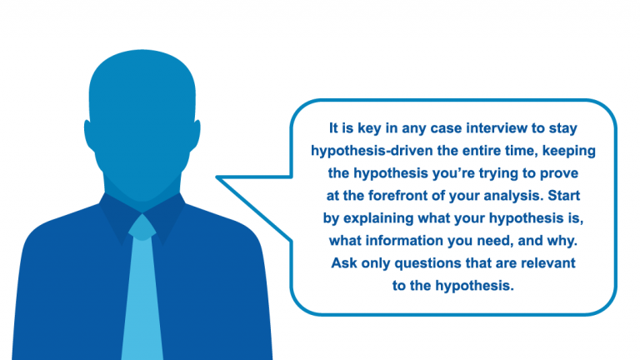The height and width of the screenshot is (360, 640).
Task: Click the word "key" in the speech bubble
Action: click(x=370, y=129)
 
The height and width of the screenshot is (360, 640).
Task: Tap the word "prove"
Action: click(x=559, y=174)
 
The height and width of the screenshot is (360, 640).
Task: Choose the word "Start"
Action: click(x=563, y=196)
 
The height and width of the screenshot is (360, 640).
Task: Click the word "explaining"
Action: click(x=378, y=219)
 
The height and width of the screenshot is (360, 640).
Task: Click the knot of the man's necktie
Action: click(x=142, y=227)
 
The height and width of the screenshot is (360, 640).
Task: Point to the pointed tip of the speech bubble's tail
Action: click(x=217, y=177)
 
